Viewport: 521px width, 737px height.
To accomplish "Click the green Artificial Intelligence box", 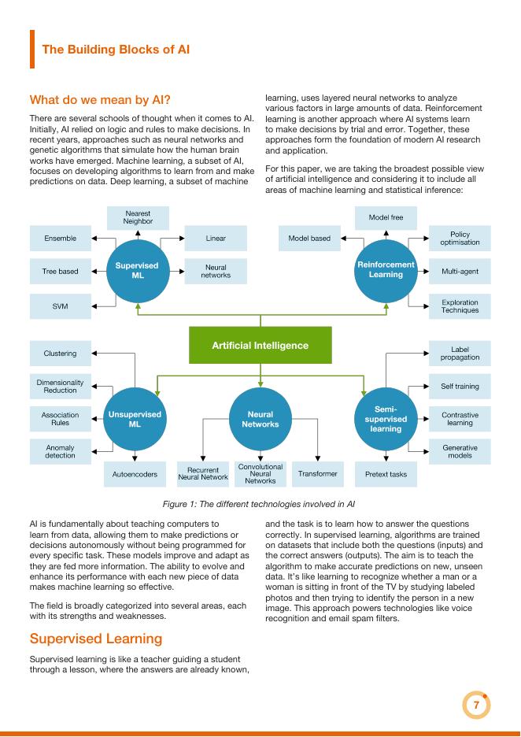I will [260, 345].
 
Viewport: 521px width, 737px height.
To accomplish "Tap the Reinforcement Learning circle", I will [386, 269].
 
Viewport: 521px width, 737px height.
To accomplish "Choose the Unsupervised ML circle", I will [135, 419].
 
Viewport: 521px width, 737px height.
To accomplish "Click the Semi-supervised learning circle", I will [386, 419].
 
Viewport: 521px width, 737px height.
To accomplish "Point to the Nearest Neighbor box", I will [139, 217].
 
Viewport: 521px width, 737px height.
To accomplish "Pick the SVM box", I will [61, 306].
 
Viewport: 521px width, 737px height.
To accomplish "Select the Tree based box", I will [61, 272].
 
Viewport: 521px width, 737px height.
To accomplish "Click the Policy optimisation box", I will [460, 238].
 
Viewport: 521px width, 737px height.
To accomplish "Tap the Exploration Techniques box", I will [460, 306].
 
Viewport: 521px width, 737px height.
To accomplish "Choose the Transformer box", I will [318, 473].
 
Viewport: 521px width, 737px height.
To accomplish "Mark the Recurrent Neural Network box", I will [203, 473].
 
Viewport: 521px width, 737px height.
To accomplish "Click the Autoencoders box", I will [135, 474].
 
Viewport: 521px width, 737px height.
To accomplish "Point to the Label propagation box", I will [460, 353].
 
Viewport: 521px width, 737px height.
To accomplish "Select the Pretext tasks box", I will [386, 474].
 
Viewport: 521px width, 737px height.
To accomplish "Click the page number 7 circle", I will [475, 706].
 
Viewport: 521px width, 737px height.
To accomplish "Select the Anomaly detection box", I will [61, 451].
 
